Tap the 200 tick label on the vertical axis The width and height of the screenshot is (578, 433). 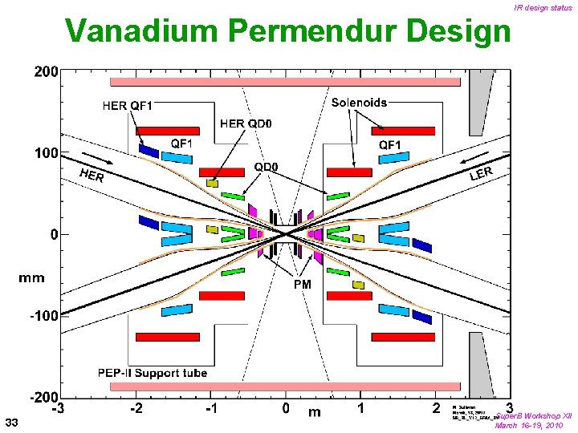click(45, 71)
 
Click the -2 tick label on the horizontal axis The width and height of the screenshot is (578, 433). click(136, 409)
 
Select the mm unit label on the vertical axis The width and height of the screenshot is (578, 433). click(32, 278)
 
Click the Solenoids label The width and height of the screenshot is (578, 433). click(359, 103)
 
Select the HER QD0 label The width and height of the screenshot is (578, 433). click(246, 123)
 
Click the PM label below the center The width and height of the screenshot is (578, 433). click(302, 284)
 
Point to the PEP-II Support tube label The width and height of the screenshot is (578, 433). click(153, 373)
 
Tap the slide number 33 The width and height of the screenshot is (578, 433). click(11, 422)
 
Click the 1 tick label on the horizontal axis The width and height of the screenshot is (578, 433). click(360, 409)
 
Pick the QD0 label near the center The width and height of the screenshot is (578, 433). click(266, 167)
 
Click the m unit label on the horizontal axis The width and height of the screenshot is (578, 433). click(315, 412)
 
